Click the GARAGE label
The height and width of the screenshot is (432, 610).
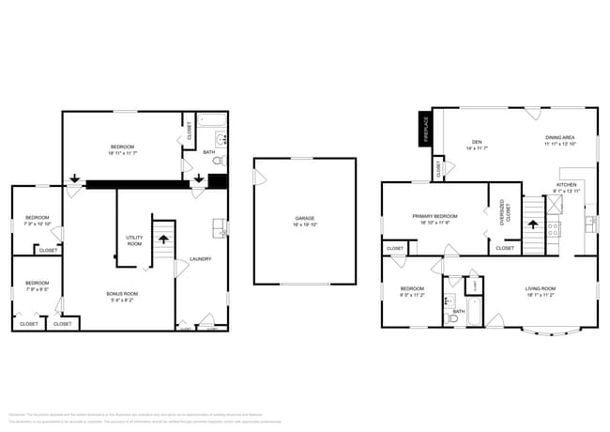coord(305,219)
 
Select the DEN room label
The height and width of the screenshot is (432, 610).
coord(476,143)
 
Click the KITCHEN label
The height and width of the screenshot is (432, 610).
coord(566,185)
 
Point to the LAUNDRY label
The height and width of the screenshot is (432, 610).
coord(200,259)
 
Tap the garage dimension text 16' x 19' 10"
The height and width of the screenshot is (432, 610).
coord(305,225)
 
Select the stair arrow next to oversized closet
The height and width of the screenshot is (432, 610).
coord(533,225)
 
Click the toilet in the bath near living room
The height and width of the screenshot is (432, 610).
coord(452,318)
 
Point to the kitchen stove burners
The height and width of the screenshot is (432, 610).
coord(553,226)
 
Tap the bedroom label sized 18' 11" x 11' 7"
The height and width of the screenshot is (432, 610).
coord(122,147)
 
